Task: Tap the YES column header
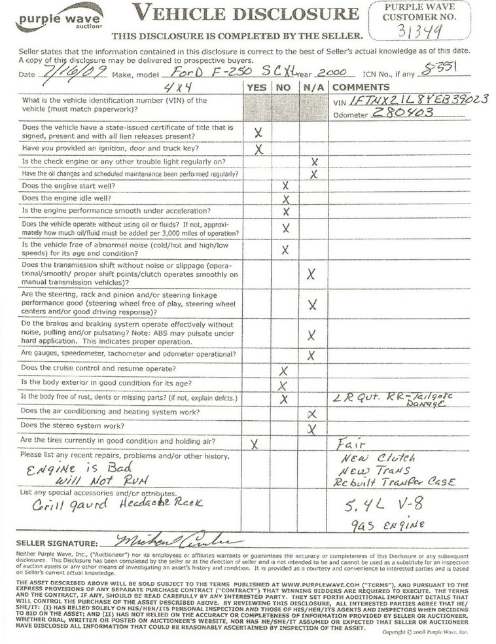tap(257, 88)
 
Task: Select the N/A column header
tap(312, 88)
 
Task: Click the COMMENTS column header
tap(360, 88)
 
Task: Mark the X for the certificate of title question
tap(258, 132)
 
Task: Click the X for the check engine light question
tap(314, 161)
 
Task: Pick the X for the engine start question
tap(285, 185)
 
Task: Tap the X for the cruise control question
tap(283, 370)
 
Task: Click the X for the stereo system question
tap(312, 429)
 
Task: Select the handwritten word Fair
tap(347, 443)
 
